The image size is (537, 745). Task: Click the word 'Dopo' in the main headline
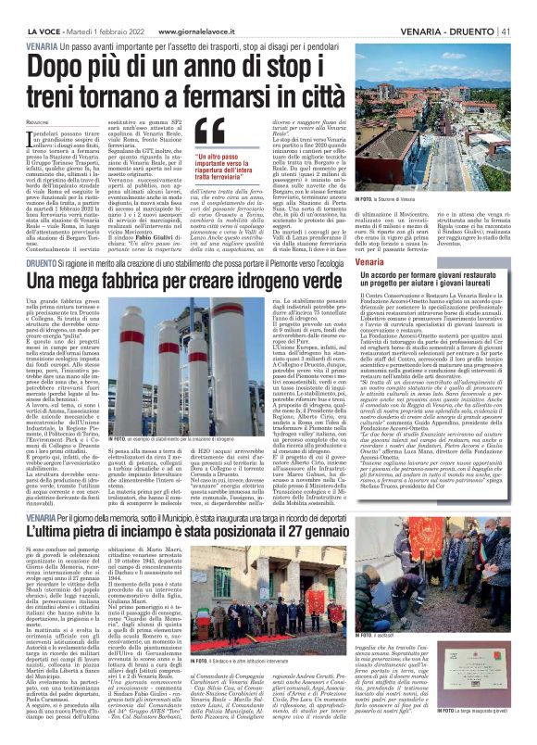pyautogui.click(x=60, y=70)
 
